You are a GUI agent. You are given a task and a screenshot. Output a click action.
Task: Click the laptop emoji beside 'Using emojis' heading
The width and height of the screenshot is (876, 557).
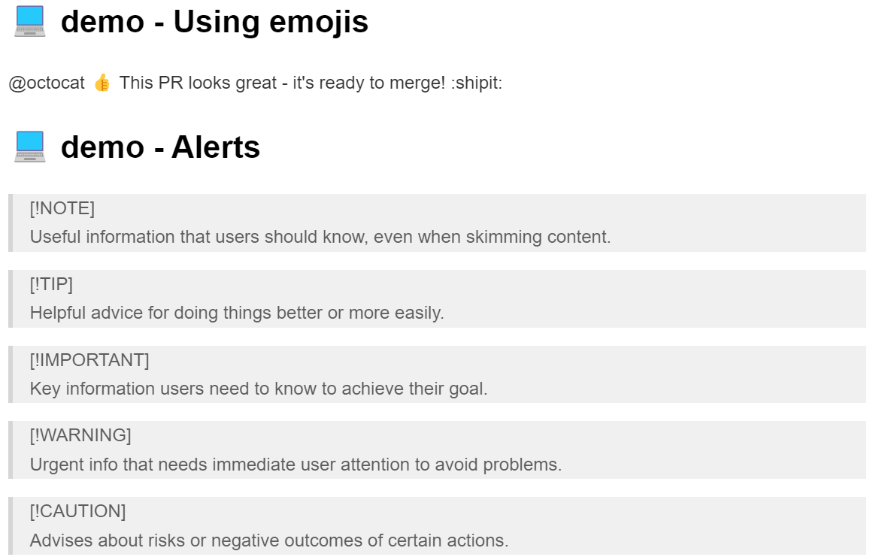click(x=29, y=22)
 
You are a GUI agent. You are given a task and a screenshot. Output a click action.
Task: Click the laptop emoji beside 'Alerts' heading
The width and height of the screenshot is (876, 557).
click(x=29, y=147)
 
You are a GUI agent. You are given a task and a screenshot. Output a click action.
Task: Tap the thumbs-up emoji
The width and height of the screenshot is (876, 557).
click(x=102, y=83)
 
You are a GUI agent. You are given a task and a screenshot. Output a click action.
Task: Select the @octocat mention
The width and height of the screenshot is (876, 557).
click(x=47, y=83)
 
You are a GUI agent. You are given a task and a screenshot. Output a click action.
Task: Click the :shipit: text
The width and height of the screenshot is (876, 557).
click(x=477, y=83)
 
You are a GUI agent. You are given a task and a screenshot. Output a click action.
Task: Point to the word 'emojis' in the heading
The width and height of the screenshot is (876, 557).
click(x=319, y=23)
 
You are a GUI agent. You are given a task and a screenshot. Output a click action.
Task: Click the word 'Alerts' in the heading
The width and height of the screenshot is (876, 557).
click(x=216, y=147)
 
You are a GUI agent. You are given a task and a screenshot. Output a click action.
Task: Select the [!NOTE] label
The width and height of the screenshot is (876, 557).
click(x=62, y=208)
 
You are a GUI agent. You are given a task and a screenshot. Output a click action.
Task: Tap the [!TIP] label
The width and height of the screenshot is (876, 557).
click(x=51, y=284)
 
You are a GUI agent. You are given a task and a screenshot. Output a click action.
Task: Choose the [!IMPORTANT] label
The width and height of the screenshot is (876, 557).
click(x=89, y=360)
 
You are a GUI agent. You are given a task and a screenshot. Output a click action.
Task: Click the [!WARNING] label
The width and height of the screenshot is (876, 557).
click(x=80, y=435)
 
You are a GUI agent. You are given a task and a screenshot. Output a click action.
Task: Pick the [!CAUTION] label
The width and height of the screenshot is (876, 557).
click(x=77, y=511)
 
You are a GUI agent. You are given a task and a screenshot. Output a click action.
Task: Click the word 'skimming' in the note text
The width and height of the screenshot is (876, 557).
click(x=504, y=238)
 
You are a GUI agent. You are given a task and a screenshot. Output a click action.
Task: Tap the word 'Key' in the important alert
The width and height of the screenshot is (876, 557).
click(x=44, y=389)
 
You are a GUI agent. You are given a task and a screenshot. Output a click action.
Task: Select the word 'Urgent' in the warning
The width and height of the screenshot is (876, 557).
click(x=55, y=465)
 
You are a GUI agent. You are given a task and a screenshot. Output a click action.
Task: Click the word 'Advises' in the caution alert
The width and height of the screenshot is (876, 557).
click(x=61, y=540)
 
